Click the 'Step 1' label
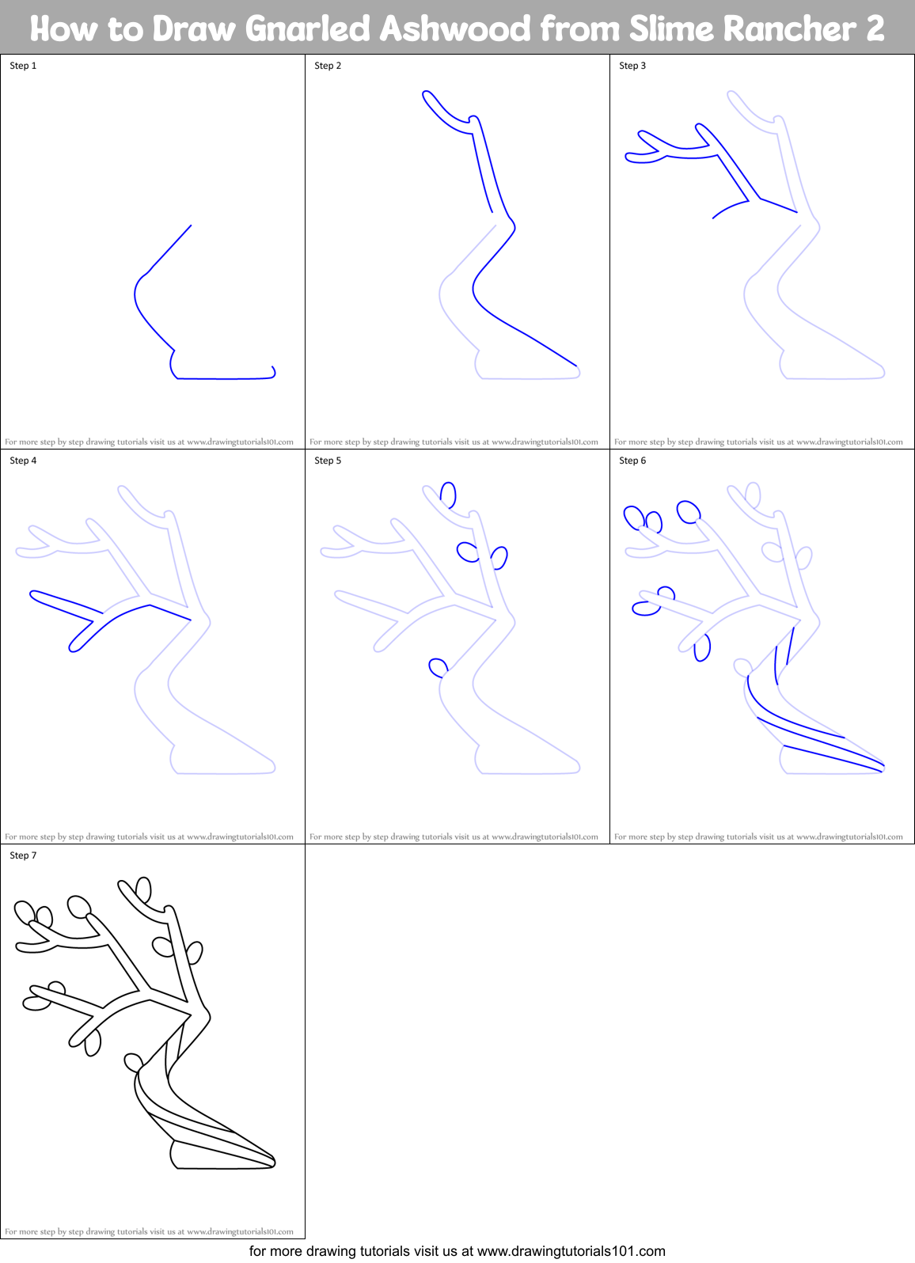[23, 66]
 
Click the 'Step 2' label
[328, 66]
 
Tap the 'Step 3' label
[632, 66]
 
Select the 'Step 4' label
[23, 461]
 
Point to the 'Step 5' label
[328, 461]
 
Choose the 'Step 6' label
[632, 461]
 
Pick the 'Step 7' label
[23, 855]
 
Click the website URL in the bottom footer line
[571, 1251]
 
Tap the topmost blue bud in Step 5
[449, 495]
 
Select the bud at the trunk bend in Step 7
[134, 1061]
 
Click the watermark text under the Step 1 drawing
[149, 442]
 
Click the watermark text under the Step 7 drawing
[149, 1232]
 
